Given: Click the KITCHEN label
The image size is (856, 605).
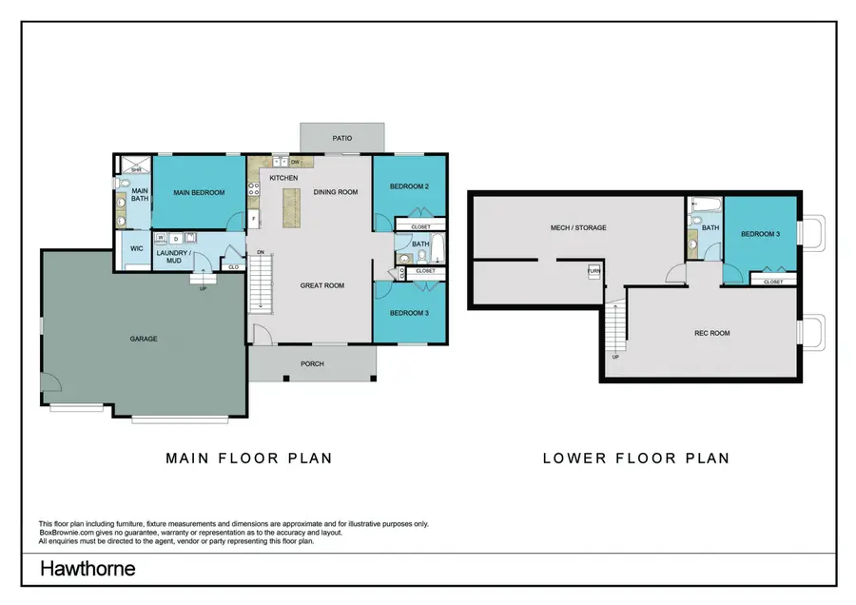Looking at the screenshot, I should pos(283,178).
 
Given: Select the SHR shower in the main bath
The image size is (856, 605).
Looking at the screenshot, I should pos(136,169).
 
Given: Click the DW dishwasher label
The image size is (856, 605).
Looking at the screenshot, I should pos(295,162).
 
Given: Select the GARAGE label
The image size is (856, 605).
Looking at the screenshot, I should pos(144,339).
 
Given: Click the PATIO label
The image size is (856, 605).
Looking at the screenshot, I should pos(342,139).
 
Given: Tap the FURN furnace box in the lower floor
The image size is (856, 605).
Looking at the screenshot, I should pos(593,271).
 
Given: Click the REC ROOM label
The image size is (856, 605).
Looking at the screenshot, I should pos(711,333).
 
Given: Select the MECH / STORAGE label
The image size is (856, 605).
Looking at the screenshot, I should pos(578,228).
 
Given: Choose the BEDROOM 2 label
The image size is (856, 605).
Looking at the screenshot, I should pos(408,186).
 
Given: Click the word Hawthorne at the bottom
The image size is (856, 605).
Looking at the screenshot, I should pos(87,569).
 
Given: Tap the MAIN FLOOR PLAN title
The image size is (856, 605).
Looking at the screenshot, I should pos(249,458).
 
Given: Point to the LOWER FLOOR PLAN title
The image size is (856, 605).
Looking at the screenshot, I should pos(635,458).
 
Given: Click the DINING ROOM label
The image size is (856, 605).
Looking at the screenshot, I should pos(335,192).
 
